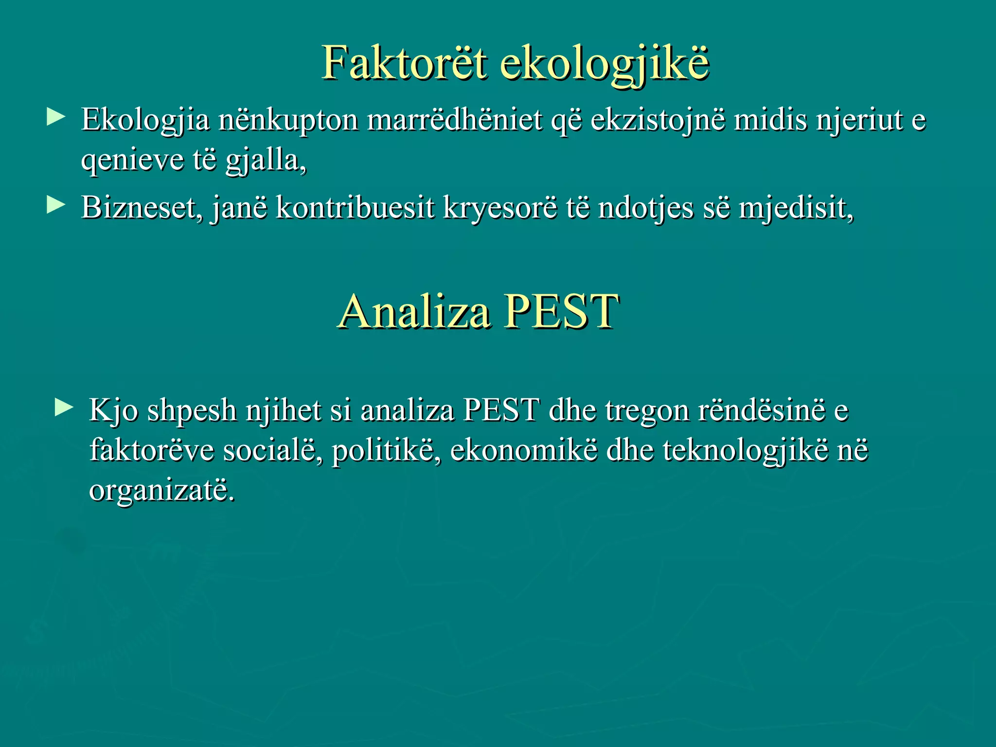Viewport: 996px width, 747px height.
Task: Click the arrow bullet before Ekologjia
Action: [x=56, y=117]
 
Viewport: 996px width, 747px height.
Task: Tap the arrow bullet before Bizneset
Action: [x=56, y=206]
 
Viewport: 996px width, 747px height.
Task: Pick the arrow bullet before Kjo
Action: [x=64, y=408]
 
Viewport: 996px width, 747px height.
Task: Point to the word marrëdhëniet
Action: [x=454, y=120]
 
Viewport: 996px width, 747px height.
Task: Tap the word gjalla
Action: [x=265, y=161]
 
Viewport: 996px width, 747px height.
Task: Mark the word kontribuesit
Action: [x=355, y=208]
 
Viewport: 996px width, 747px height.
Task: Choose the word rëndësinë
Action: [x=762, y=410]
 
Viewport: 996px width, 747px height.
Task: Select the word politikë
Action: [x=387, y=450]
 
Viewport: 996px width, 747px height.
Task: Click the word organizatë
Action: [x=161, y=490]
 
